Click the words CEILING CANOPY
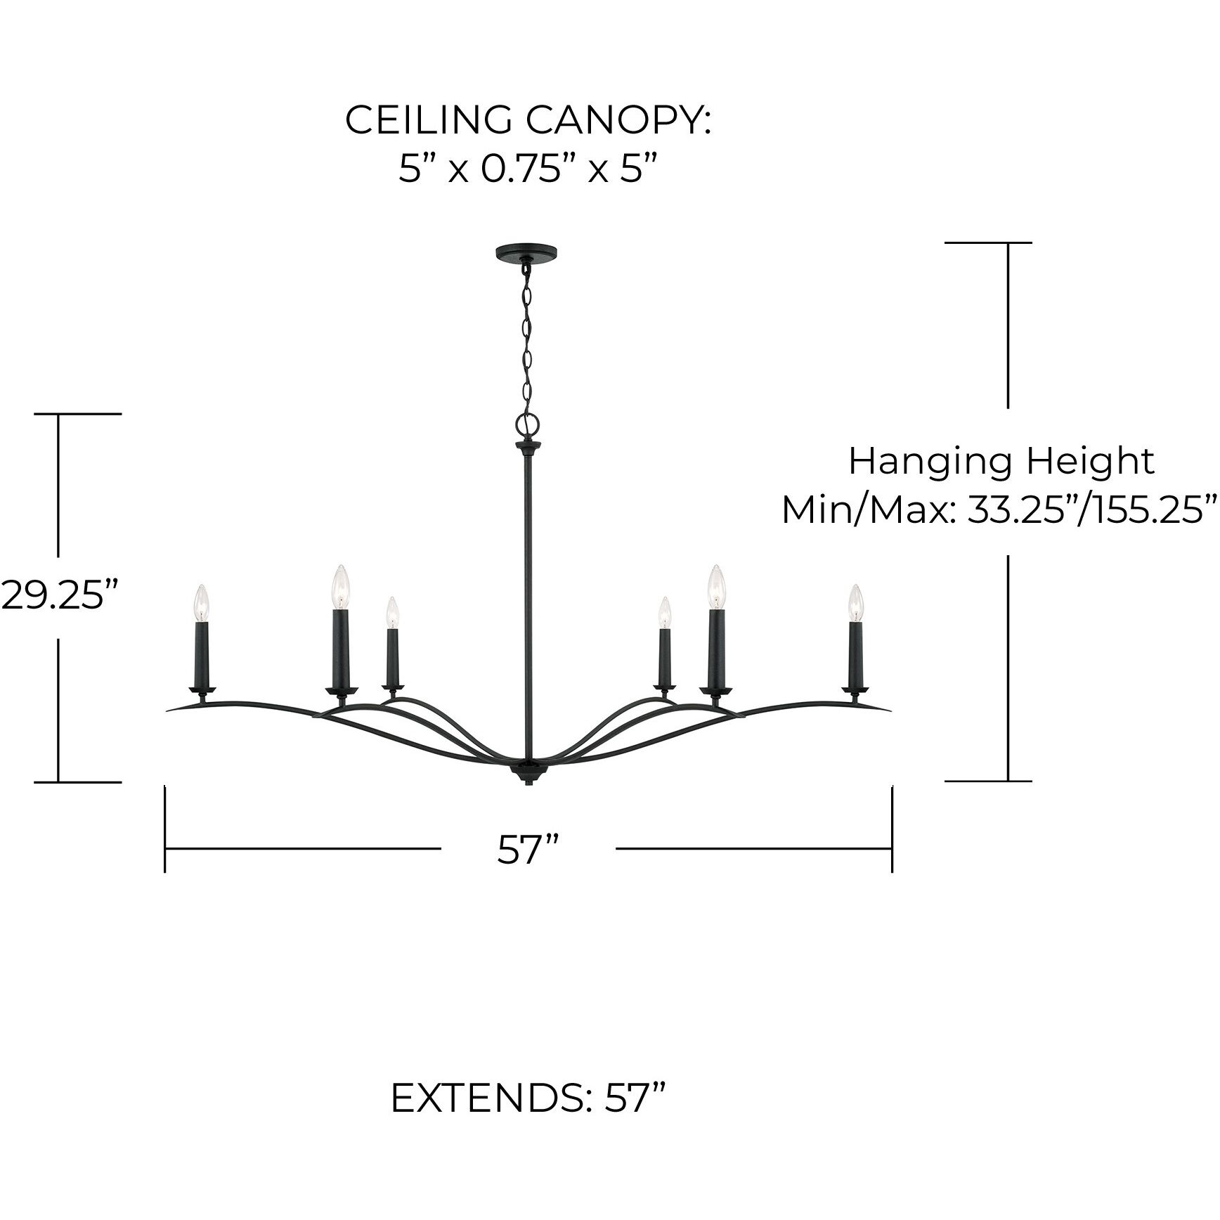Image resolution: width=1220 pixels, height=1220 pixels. click(528, 121)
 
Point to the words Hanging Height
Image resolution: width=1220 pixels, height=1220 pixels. click(1001, 462)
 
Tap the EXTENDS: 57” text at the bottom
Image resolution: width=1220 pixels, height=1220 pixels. click(528, 1117)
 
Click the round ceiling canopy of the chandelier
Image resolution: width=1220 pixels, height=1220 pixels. click(526, 252)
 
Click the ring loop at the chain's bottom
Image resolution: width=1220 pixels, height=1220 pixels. click(526, 423)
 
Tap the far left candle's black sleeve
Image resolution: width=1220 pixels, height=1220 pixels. click(202, 654)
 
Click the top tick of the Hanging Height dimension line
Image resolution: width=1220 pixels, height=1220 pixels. click(988, 242)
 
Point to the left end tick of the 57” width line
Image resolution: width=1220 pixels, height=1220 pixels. click(165, 829)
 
